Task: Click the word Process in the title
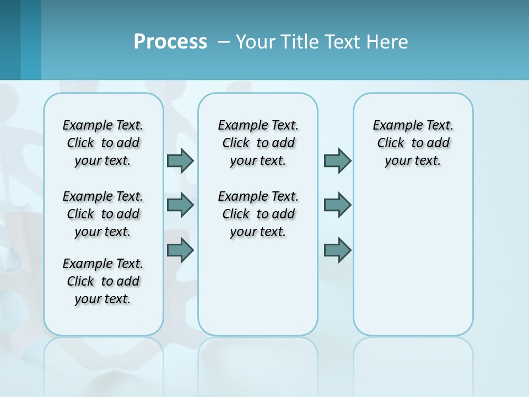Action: pos(170,42)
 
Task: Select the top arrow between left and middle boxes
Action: pos(180,160)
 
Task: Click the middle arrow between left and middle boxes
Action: pos(180,205)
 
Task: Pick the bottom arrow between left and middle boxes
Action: pos(180,250)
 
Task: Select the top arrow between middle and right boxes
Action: pos(337,160)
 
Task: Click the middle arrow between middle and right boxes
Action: pos(337,205)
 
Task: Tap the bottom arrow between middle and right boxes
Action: pos(337,250)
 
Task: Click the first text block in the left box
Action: pos(103,143)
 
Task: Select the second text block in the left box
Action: pos(103,214)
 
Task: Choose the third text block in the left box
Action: pos(103,281)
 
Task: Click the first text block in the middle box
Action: pos(258,143)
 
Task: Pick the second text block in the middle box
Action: pos(258,214)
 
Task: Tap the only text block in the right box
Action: pos(413,143)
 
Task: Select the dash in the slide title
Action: pos(224,42)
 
